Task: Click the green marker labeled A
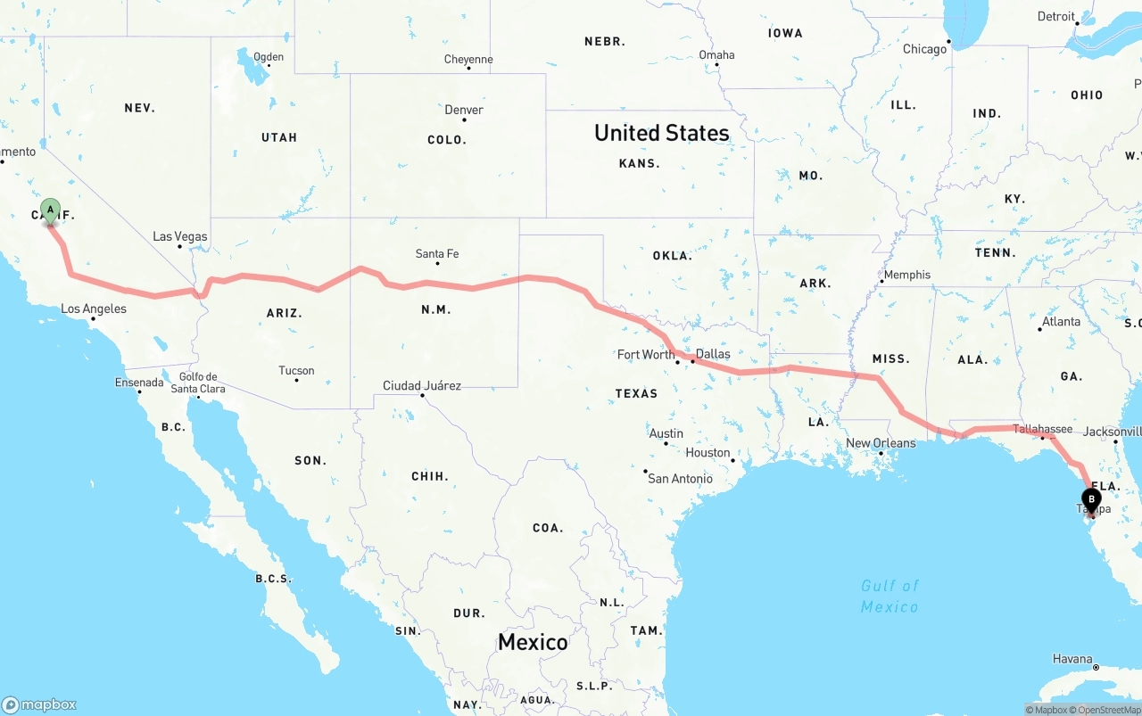click(50, 211)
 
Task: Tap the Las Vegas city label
click(180, 236)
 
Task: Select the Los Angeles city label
click(94, 309)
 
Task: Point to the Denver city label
click(464, 110)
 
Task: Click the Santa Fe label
click(437, 254)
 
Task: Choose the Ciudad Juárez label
click(422, 385)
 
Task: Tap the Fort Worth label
click(646, 354)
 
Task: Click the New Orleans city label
click(881, 443)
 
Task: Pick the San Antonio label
click(680, 479)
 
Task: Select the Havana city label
click(1072, 659)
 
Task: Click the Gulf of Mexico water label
click(890, 596)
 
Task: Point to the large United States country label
click(661, 133)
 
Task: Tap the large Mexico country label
click(533, 642)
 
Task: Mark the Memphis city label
click(907, 275)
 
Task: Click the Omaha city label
click(716, 55)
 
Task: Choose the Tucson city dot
click(296, 381)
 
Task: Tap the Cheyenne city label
click(468, 60)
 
